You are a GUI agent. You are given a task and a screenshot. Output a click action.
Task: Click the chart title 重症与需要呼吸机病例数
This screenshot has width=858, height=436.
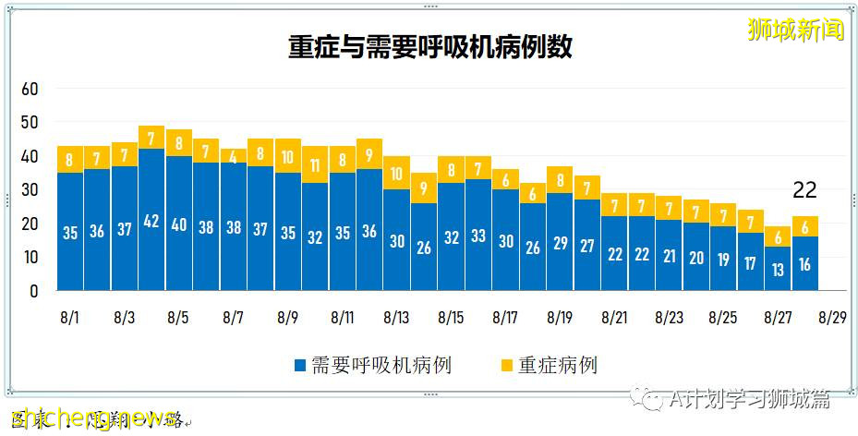(x=429, y=47)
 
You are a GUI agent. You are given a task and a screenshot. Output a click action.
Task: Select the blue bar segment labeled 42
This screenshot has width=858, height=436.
(x=151, y=220)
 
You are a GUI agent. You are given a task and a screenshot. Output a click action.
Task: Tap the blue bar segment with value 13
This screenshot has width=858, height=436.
(x=778, y=269)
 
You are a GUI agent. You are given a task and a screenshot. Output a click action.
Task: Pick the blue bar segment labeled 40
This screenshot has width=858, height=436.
(x=179, y=224)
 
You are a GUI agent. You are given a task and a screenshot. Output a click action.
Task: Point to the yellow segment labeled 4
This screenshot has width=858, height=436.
(x=234, y=156)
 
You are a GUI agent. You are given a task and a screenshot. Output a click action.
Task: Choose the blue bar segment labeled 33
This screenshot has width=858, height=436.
(x=478, y=235)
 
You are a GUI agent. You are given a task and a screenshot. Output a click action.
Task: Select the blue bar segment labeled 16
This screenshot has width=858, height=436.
(x=805, y=263)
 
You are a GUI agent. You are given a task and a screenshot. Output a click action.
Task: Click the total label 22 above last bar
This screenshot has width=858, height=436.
(x=805, y=190)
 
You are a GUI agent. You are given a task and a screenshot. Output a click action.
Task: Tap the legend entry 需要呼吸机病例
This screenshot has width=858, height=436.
(x=373, y=365)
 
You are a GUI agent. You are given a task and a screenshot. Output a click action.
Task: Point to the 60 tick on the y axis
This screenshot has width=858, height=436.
(x=30, y=89)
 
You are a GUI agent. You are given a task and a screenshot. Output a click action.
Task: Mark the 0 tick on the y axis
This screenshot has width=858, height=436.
(x=35, y=291)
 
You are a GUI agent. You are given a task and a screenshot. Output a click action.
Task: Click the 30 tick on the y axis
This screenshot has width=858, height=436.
(x=30, y=190)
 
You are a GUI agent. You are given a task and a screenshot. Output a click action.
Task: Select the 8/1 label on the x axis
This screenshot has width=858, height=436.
(x=69, y=318)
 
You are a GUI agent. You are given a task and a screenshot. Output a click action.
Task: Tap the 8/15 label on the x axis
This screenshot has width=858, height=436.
(x=451, y=318)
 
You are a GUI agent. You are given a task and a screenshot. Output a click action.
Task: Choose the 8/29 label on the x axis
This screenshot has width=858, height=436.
(x=832, y=318)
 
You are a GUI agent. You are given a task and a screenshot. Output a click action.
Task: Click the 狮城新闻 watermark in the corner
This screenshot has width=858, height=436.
(x=796, y=30)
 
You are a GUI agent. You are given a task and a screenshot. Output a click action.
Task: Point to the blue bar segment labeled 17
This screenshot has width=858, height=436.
(x=751, y=261)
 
